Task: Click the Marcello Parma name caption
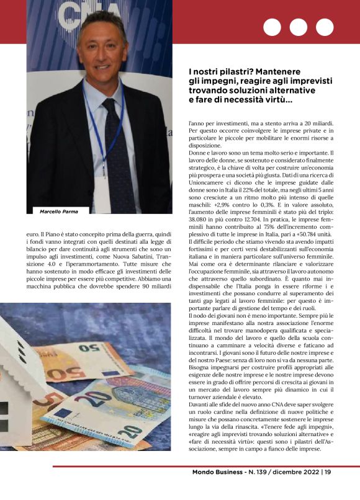coord(60,212)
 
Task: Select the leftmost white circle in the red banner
coord(272,27)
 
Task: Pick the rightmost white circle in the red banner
coord(325,27)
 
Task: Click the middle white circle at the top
coord(299,27)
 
